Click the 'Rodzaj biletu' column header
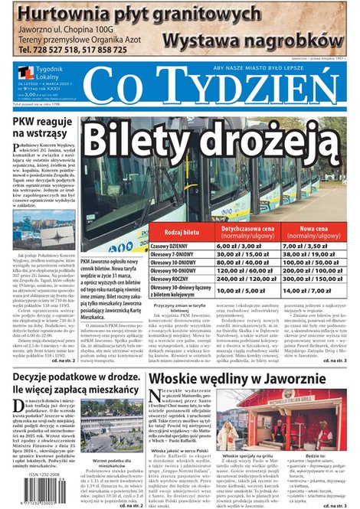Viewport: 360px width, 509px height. [182, 231]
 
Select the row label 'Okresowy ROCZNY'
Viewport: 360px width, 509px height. [178, 280]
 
